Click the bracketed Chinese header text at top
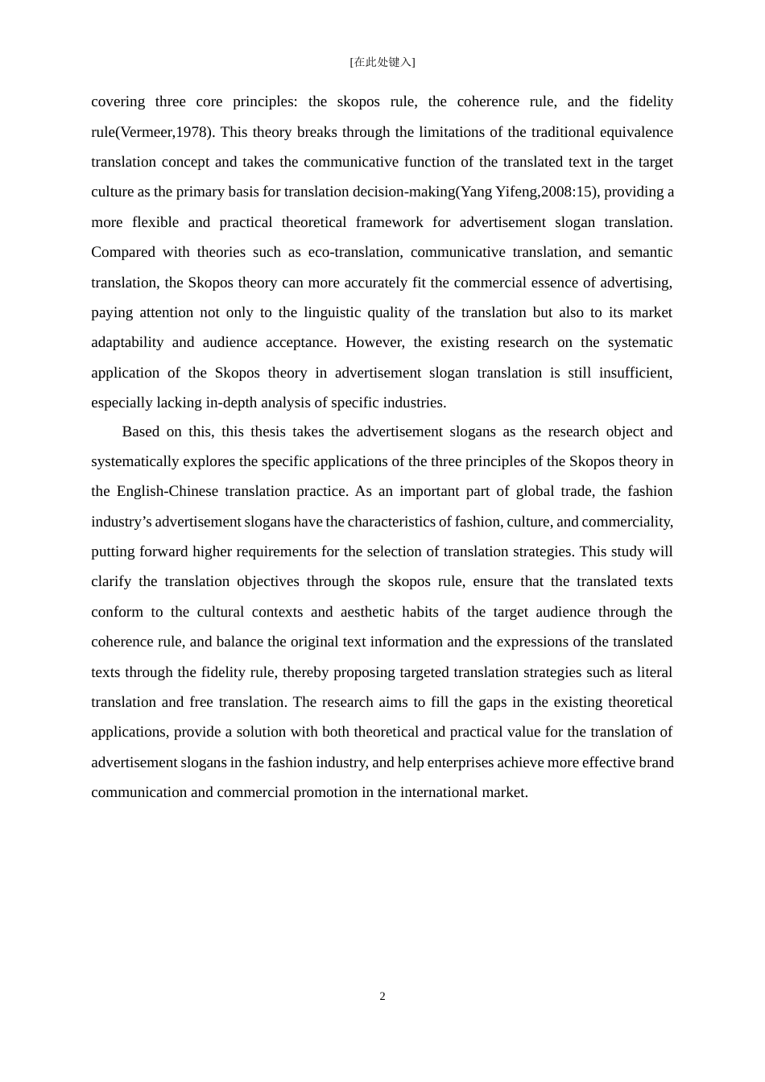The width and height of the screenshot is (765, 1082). tap(382, 62)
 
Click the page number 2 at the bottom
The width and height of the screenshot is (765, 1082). tap(382, 997)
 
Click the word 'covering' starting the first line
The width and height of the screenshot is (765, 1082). tap(118, 101)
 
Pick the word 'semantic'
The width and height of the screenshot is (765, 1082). tap(645, 253)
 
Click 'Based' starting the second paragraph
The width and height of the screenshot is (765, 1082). tap(140, 432)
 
